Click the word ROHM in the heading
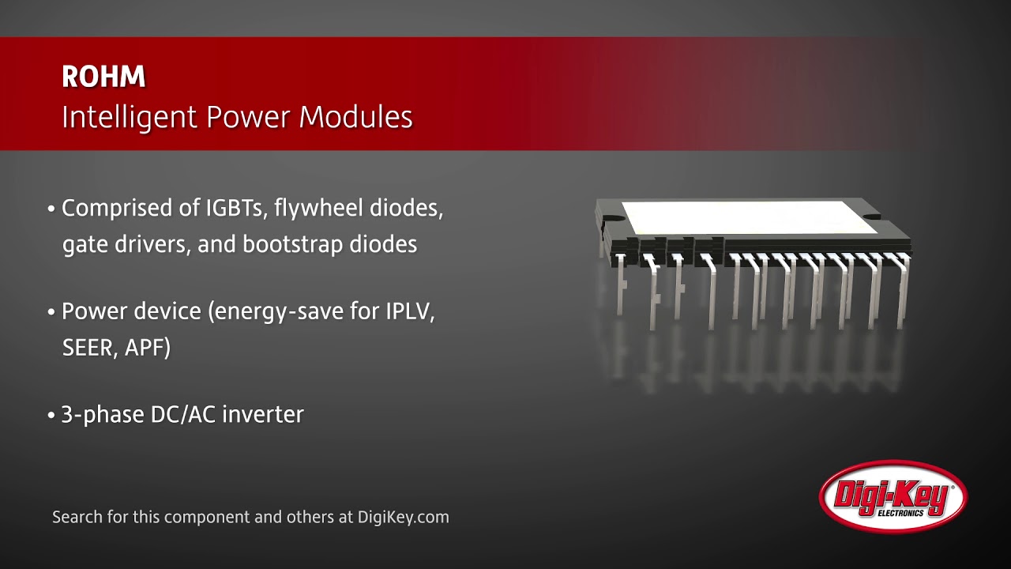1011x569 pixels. tap(103, 77)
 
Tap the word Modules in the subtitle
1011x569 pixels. tap(355, 117)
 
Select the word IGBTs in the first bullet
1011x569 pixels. tap(235, 208)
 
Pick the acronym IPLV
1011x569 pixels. tap(410, 311)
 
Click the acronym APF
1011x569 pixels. tap(147, 347)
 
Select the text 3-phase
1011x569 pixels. tap(103, 415)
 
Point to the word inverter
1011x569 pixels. tap(263, 414)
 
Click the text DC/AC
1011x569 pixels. tap(183, 414)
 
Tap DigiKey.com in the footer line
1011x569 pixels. tap(403, 517)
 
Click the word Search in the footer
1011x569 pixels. tap(77, 517)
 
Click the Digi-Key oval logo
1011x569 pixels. tap(893, 496)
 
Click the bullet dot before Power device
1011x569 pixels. tap(51, 312)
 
